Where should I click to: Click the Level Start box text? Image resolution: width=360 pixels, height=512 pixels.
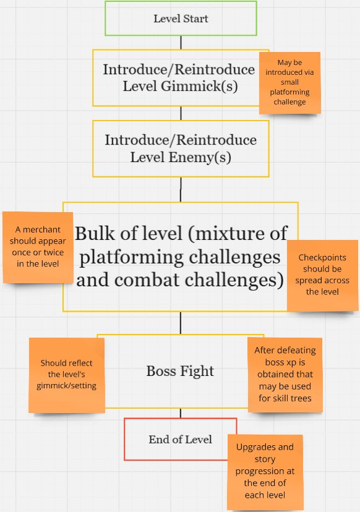tap(181, 19)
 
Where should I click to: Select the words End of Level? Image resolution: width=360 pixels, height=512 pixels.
tap(181, 440)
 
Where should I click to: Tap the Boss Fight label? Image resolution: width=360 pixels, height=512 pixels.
tap(180, 371)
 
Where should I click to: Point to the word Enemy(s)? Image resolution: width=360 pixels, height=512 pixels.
tap(200, 158)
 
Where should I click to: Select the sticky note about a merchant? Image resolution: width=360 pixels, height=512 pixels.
tap(38, 247)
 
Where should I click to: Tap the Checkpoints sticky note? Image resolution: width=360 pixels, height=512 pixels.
tap(322, 275)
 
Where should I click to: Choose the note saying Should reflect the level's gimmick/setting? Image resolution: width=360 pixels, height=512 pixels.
tap(67, 375)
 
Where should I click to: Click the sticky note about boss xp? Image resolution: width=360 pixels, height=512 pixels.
tap(285, 375)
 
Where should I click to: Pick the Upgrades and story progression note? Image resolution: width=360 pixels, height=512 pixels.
tap(265, 472)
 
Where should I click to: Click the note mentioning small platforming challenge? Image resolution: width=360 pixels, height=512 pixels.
tap(289, 83)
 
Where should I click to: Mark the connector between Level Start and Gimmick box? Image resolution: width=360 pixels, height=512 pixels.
tap(181, 43)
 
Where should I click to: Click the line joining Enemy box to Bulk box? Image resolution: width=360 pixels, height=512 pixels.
tap(181, 190)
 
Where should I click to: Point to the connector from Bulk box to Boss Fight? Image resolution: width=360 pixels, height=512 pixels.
tap(181, 323)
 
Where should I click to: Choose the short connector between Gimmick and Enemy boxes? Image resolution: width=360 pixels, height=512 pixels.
tap(181, 113)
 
